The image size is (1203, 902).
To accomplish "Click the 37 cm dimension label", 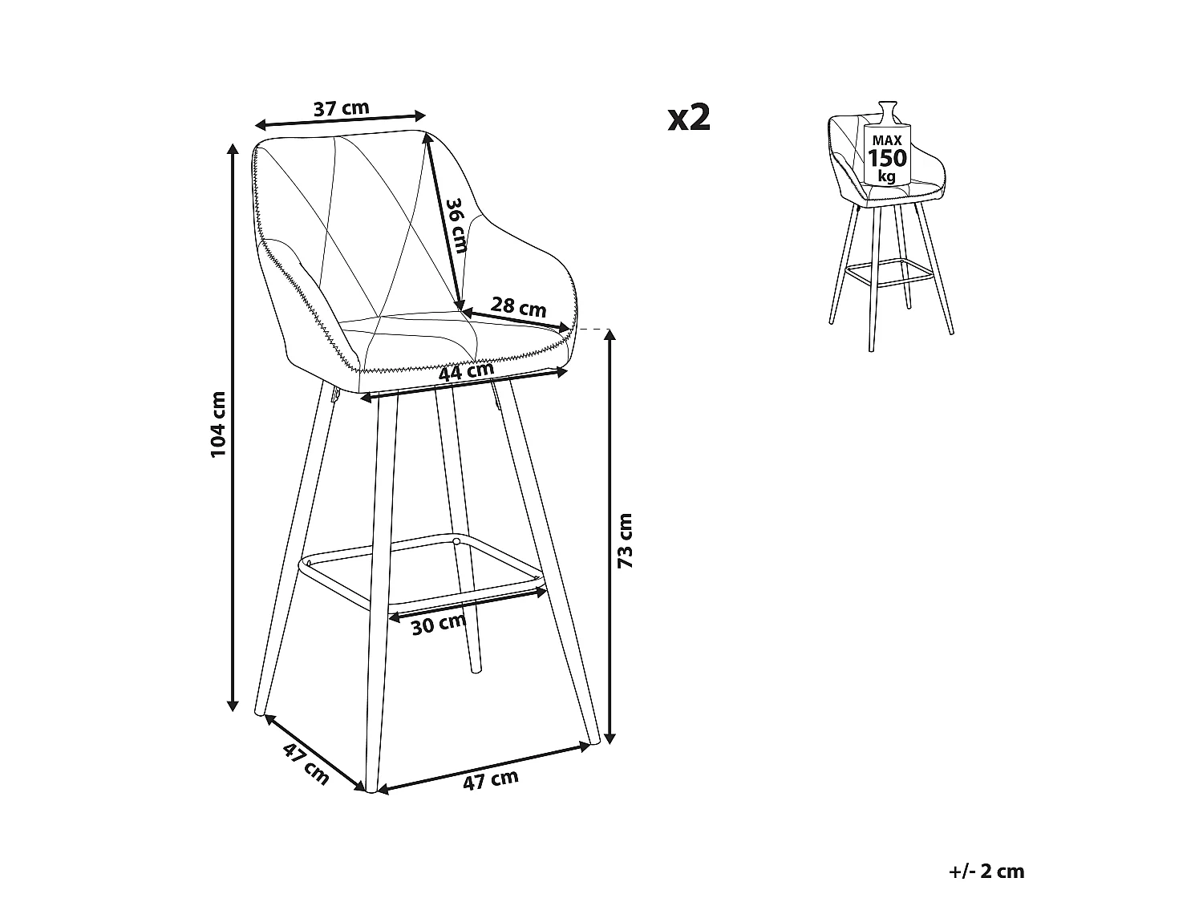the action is coord(342,108).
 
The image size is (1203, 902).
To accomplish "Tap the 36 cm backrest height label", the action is coord(456,225).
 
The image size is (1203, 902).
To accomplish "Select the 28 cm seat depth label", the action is coord(518,307).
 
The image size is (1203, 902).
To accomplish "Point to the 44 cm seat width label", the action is coord(467,372).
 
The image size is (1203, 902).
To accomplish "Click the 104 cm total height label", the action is coord(218,424).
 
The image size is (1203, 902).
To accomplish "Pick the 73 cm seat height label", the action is coord(625,540).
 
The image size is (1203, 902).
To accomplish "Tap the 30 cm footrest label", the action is coord(439,625).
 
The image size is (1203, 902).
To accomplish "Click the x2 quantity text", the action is coord(690,118).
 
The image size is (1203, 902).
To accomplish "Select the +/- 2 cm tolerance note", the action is coord(986,872).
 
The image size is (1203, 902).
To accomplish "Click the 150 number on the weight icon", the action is coord(887,158).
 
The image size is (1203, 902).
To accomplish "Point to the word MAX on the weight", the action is coord(887,140).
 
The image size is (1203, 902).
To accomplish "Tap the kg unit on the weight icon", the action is coord(886,176).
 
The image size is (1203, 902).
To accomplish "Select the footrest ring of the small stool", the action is coord(888,272).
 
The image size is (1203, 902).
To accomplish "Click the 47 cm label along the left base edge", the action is coord(306,765).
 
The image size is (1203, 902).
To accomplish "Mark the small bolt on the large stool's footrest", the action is coord(456,542).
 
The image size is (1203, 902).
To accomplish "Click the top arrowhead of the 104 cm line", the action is coord(233,150).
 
